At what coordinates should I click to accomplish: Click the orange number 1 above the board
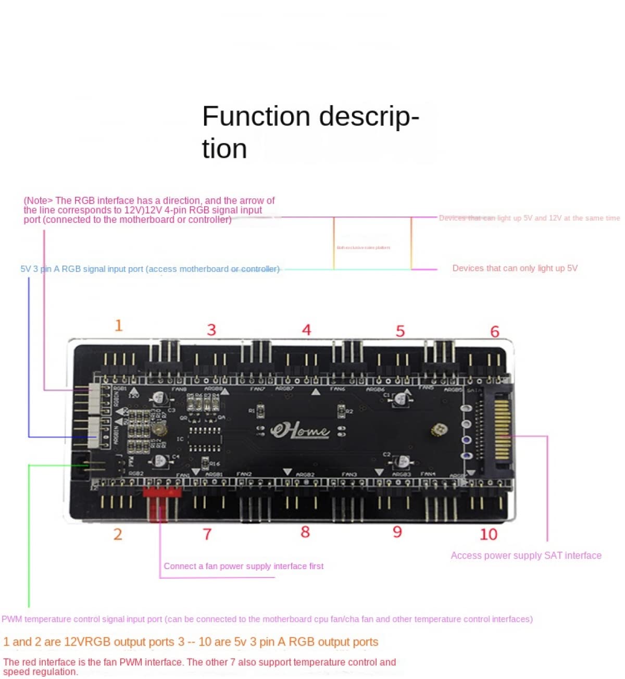click(119, 326)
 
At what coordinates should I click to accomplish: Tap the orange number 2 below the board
click(118, 534)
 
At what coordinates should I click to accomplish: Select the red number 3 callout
click(211, 330)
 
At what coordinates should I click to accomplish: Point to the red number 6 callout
click(494, 331)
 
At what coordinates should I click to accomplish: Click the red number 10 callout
click(488, 534)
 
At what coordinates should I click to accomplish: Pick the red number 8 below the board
click(305, 532)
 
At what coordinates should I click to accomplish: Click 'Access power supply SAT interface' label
click(526, 556)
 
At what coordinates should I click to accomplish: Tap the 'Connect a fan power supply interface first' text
click(244, 566)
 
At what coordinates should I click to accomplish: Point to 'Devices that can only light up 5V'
click(515, 268)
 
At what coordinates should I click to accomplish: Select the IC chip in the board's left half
click(204, 439)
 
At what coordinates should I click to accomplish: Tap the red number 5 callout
click(400, 331)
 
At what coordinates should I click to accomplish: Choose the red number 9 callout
click(397, 532)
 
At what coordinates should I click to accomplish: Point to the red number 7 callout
click(207, 534)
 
